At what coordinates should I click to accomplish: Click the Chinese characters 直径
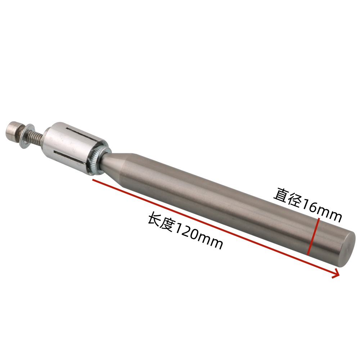pyautogui.click(x=286, y=197)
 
